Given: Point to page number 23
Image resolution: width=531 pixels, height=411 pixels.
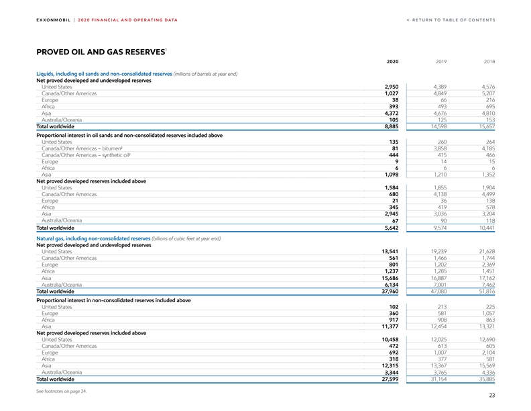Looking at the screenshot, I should pyautogui.click(x=491, y=396).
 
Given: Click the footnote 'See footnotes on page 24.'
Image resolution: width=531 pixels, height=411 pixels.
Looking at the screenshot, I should pyautogui.click(x=64, y=391).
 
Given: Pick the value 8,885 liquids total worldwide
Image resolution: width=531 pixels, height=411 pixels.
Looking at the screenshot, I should pyautogui.click(x=390, y=126).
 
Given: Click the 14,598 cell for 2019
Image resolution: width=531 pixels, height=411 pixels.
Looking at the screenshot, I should pyautogui.click(x=440, y=126).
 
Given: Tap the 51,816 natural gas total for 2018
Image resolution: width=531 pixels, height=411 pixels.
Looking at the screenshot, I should pyautogui.click(x=486, y=291).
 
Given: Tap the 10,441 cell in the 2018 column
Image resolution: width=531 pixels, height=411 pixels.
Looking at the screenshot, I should pyautogui.click(x=486, y=228).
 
